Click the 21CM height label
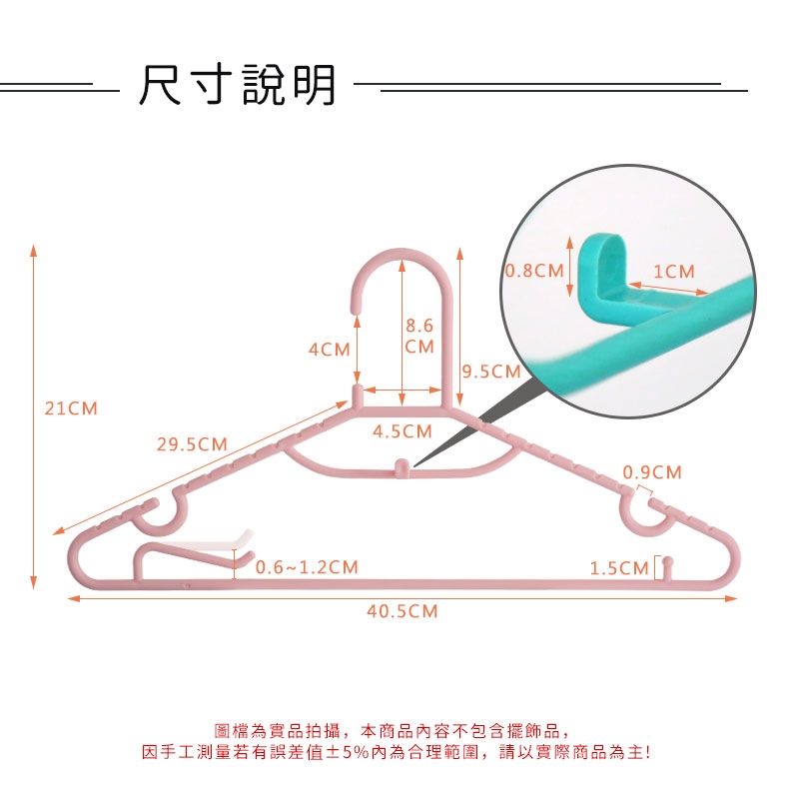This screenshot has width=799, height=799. coord(72,408)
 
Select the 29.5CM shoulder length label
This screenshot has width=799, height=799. coord(192,444)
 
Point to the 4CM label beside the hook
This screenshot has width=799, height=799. coord(329,350)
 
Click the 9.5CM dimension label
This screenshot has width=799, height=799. coord(491,373)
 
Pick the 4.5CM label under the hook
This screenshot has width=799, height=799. coord(402,431)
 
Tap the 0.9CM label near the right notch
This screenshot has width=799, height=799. coord(652,472)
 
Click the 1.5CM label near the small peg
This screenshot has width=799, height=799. coord(619,568)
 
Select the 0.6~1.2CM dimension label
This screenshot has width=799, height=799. coord(307,567)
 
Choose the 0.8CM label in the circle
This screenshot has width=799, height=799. coord(534,271)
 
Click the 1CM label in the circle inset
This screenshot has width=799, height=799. coord(674,272)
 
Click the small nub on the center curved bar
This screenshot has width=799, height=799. coord(400,464)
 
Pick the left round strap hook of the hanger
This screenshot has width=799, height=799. coord(160,513)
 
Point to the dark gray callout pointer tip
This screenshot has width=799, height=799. coord(415,464)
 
